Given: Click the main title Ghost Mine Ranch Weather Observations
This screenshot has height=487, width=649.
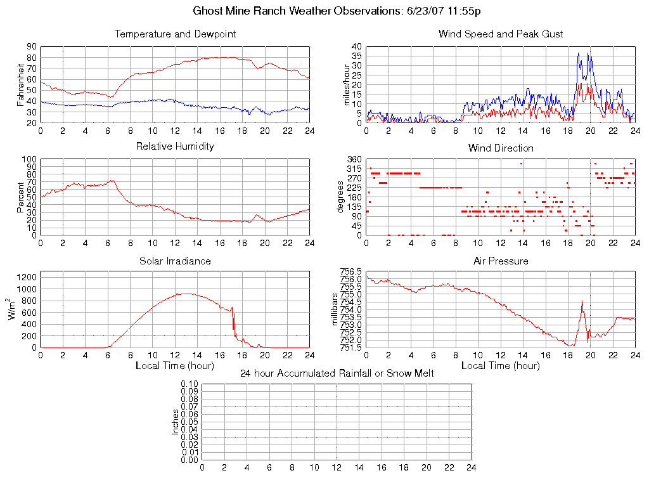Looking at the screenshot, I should point(335,11).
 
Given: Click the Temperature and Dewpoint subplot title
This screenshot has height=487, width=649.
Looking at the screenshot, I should point(176,34).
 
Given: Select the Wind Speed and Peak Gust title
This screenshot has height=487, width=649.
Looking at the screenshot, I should point(501,34).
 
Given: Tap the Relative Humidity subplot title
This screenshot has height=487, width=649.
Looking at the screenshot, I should point(176,146).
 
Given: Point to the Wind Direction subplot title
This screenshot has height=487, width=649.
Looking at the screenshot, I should point(501,148).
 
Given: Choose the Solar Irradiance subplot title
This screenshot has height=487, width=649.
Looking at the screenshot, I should point(176,261).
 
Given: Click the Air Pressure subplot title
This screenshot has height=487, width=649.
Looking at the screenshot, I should point(501,261).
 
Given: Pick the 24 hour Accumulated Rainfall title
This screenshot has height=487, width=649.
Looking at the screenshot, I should point(337,373).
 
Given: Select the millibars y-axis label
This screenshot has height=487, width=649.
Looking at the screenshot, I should point(336,309).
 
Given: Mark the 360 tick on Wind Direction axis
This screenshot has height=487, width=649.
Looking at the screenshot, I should point(354,159).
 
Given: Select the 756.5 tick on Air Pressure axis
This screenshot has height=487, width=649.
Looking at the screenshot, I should point(351,272).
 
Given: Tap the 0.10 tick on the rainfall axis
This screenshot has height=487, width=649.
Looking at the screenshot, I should point(190,384).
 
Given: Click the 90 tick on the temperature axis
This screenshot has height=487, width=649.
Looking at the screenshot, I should point(31,46).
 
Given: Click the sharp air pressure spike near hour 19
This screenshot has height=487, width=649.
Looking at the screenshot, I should point(582,301).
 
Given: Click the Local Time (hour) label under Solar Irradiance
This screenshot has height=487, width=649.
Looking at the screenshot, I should point(175,365).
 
